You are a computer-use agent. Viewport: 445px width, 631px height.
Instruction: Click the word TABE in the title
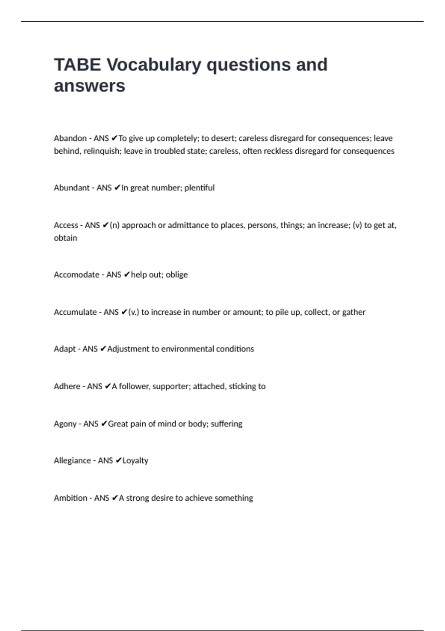pos(77,65)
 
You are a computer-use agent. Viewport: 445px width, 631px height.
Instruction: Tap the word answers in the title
pos(89,86)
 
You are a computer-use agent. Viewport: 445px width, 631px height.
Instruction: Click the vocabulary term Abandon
pos(70,138)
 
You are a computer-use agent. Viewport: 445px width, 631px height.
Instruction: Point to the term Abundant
pos(72,188)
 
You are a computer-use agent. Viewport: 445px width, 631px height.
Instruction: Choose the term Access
pos(66,225)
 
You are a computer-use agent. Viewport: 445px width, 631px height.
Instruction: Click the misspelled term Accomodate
pos(76,275)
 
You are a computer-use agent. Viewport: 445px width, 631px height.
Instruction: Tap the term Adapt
pos(65,349)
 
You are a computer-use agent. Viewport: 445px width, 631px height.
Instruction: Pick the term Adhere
pos(67,386)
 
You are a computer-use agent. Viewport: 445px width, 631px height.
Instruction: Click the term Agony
pos(65,424)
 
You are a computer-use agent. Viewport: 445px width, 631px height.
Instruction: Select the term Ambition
pos(70,498)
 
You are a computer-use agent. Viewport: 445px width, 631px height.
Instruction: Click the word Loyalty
pos(135,461)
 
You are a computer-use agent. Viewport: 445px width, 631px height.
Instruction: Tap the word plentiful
pos(200,188)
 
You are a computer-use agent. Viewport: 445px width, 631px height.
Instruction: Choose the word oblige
pos(177,275)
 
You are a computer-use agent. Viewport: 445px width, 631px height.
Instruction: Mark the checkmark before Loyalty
pos(118,461)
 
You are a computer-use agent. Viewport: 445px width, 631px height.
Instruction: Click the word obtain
pos(66,238)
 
